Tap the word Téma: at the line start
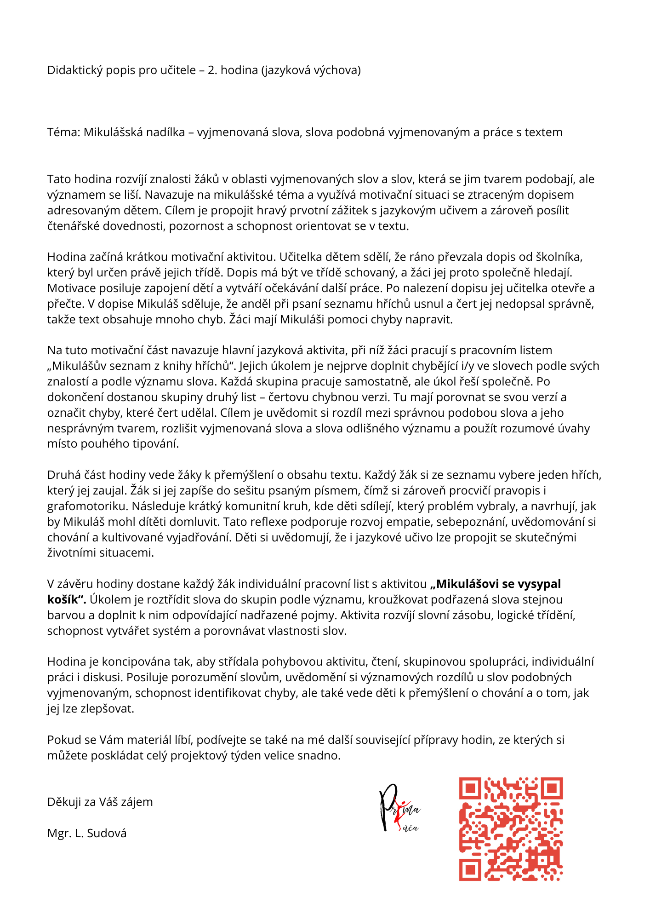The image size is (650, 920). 64,132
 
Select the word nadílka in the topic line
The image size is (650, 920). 165,132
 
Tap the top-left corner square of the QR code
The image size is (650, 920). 470,788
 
